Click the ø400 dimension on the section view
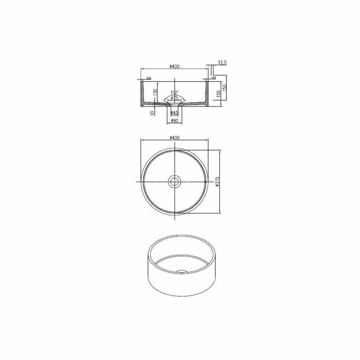[174, 66]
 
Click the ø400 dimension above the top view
[174, 137]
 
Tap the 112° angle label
[174, 92]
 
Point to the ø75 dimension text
[174, 97]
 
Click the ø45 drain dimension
[174, 113]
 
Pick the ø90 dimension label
[174, 121]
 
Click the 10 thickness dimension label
[153, 113]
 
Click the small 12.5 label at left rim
[148, 78]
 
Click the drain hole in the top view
[174, 181]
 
